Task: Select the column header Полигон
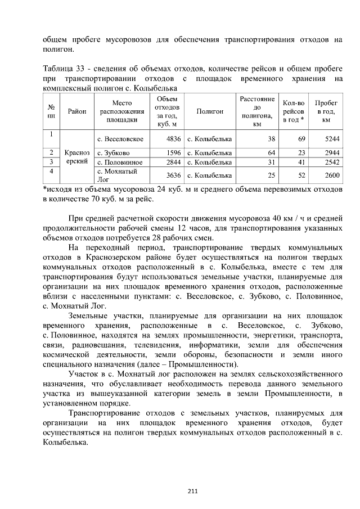click(x=210, y=112)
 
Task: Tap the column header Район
click(x=76, y=112)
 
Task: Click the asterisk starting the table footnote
click(x=44, y=188)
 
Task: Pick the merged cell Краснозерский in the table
click(x=76, y=157)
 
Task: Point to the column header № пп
click(x=51, y=112)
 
